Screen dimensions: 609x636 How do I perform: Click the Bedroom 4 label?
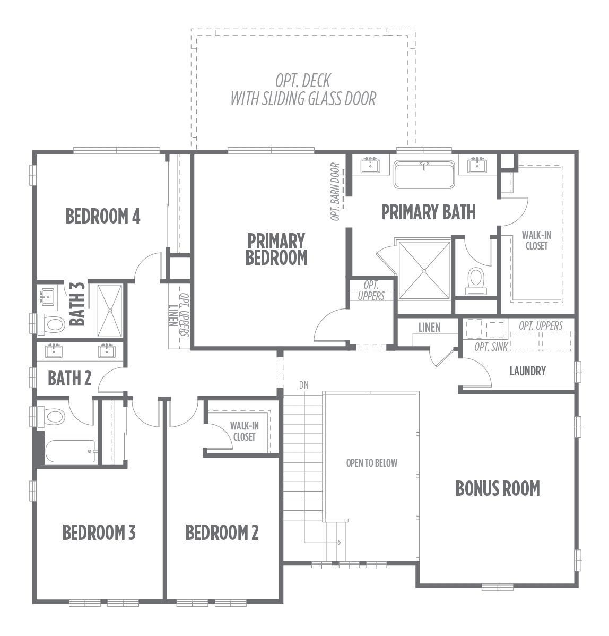(103, 216)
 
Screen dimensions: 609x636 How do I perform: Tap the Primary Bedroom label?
(276, 249)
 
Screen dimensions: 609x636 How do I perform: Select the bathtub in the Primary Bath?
(424, 175)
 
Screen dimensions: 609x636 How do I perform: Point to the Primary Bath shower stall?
(424, 270)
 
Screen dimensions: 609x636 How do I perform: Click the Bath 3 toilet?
(51, 324)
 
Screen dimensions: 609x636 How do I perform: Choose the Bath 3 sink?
(48, 297)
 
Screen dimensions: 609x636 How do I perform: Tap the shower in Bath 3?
(110, 311)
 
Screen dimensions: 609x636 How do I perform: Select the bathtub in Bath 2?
(71, 451)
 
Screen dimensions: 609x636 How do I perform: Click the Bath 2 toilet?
(51, 417)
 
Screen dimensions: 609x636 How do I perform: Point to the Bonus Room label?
(498, 489)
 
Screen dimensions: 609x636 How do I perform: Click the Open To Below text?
(371, 463)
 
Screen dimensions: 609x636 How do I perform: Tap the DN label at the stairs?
(304, 385)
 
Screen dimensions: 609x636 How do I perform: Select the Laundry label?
(527, 371)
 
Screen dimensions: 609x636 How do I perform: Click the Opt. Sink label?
(491, 347)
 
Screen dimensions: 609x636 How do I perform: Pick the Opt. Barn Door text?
(335, 192)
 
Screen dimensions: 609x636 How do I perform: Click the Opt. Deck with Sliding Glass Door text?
(303, 90)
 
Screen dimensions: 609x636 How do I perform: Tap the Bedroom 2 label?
(222, 532)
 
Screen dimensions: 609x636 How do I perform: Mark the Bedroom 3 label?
(99, 532)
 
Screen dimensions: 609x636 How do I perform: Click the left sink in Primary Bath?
(370, 165)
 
